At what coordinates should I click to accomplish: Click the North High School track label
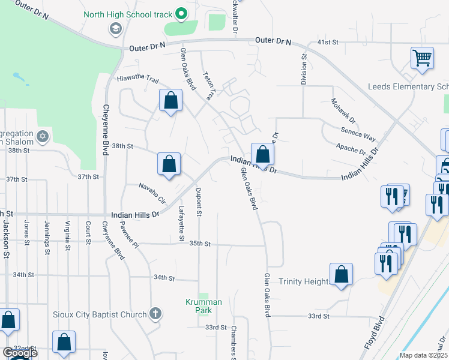pyautogui.click(x=128, y=14)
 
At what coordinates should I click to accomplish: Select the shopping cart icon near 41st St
pyautogui.click(x=423, y=59)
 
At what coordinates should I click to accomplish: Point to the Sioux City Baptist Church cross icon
pyautogui.click(x=155, y=314)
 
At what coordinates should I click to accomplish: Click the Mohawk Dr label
pyautogui.click(x=343, y=111)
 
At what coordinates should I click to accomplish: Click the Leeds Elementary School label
pyautogui.click(x=408, y=87)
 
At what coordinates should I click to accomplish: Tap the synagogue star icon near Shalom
pyautogui.click(x=42, y=136)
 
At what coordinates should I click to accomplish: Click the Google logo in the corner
pyautogui.click(x=20, y=353)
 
